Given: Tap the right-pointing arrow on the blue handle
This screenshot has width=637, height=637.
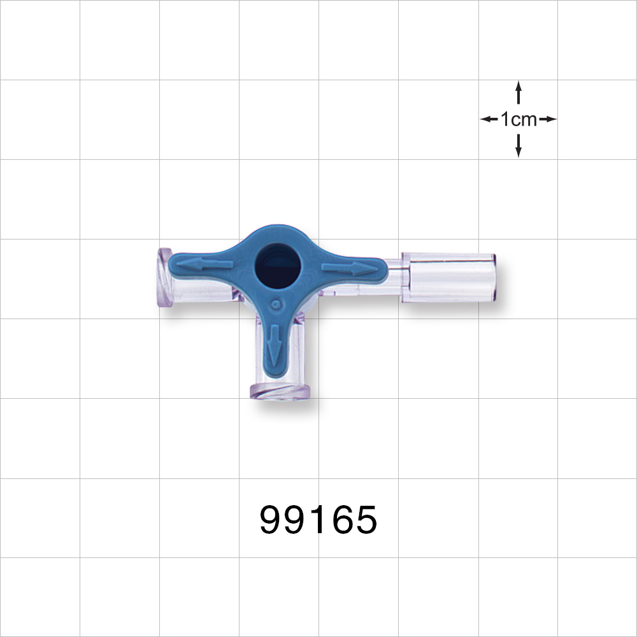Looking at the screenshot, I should [x=350, y=268].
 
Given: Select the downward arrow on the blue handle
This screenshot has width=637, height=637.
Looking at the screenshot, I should [x=275, y=344].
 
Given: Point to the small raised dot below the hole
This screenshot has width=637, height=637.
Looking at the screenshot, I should [x=275, y=305].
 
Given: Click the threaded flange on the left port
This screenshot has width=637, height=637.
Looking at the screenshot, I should [x=164, y=278].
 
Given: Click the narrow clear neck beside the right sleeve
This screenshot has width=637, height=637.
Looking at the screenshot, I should [x=396, y=278].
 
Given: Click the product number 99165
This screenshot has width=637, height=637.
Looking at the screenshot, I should [x=318, y=520].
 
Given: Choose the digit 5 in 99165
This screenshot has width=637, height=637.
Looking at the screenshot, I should [x=366, y=520].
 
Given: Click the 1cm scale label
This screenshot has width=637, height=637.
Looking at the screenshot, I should [x=518, y=119].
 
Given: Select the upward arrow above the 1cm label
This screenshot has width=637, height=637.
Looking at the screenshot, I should [x=519, y=92].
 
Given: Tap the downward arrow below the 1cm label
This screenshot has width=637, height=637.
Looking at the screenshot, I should [x=519, y=146].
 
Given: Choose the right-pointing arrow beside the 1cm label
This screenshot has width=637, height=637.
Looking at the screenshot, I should [x=548, y=119].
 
